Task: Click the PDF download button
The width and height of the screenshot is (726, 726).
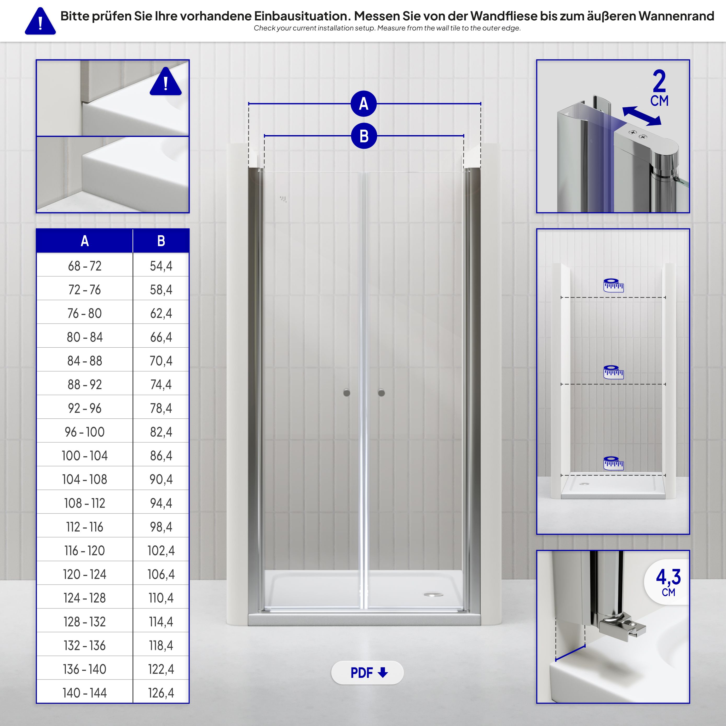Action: [x=367, y=673]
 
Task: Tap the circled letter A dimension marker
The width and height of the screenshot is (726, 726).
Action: [x=363, y=104]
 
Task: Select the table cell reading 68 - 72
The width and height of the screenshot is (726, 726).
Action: [x=85, y=266]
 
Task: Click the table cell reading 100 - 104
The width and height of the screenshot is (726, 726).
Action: [x=85, y=456]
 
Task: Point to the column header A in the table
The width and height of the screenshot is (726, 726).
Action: [x=85, y=241]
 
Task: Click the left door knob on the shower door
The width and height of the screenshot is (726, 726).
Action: [x=347, y=393]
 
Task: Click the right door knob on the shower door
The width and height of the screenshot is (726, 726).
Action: [x=381, y=393]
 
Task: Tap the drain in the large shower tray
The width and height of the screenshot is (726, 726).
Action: [x=433, y=595]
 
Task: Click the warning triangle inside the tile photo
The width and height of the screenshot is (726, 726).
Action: [x=166, y=83]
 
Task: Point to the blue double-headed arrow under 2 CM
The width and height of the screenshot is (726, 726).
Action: [x=641, y=116]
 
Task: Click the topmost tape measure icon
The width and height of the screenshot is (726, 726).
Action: [x=613, y=286]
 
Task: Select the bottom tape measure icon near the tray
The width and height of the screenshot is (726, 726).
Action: [x=613, y=463]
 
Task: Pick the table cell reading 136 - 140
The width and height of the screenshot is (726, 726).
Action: [x=85, y=669]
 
